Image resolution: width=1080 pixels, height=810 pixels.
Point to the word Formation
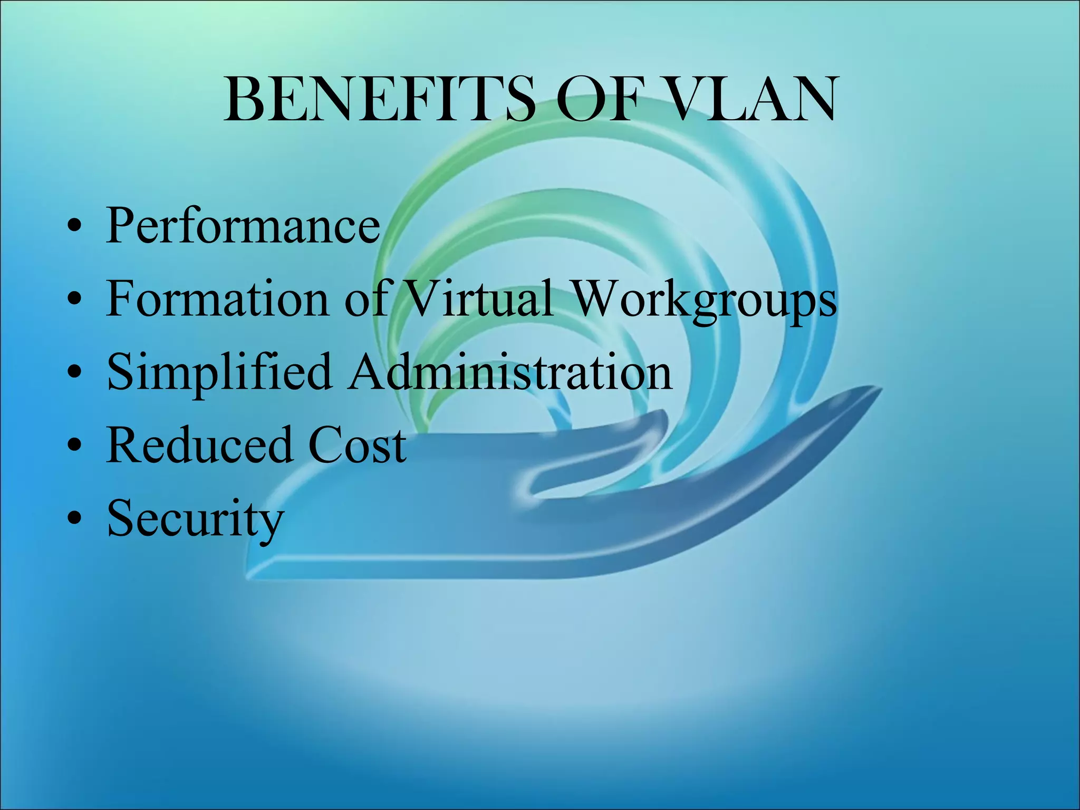(217, 299)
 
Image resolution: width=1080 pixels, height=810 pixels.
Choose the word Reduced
(199, 446)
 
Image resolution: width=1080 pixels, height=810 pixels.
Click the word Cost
(357, 446)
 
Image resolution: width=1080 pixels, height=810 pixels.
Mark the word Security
(195, 519)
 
